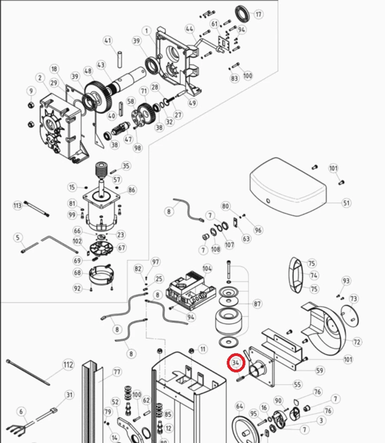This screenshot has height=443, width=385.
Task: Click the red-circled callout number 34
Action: tap(236, 362)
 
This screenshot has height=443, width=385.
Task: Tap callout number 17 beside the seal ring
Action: tap(258, 14)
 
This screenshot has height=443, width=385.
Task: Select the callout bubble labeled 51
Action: tap(346, 203)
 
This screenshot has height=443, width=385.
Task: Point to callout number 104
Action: tap(207, 269)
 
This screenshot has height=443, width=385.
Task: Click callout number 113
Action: tap(17, 205)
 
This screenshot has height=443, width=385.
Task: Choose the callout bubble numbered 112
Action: tap(68, 365)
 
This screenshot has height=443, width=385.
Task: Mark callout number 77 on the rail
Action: tap(117, 372)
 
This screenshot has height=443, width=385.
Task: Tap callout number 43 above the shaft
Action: tap(101, 65)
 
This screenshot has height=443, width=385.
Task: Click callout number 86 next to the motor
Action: tap(131, 190)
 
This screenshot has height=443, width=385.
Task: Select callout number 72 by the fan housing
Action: tap(357, 342)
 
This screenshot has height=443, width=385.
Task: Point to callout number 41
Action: tap(107, 40)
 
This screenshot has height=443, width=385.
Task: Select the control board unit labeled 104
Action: tap(191, 290)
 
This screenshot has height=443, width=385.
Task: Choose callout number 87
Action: tap(257, 304)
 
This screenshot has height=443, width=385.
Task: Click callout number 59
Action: tap(319, 370)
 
